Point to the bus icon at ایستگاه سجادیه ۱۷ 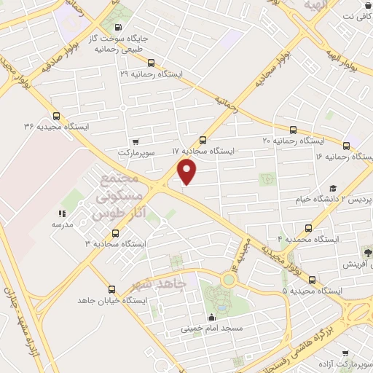click(203, 140)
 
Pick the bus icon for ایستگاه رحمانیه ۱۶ click(346, 145)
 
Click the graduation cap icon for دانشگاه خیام click(332, 189)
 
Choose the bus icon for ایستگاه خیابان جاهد click(111, 289)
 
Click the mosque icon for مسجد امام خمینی click(212, 318)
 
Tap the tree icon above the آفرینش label click(368, 252)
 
